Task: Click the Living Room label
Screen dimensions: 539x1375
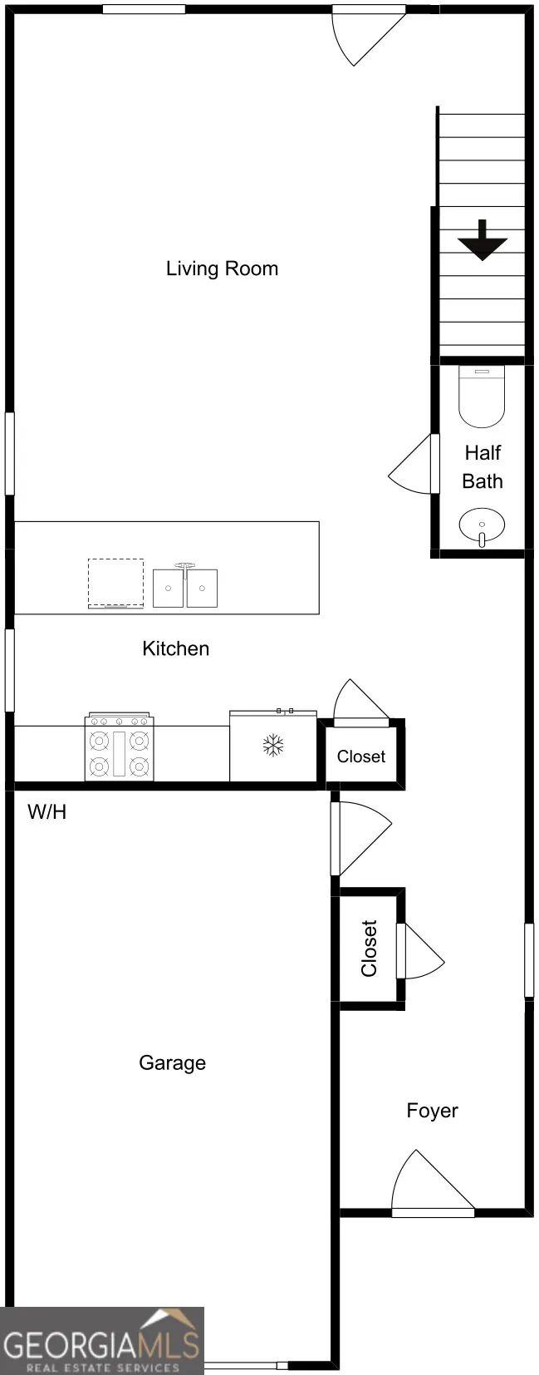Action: point(222,269)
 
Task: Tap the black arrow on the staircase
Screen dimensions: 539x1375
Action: point(483,240)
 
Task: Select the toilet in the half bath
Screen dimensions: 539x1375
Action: point(482,397)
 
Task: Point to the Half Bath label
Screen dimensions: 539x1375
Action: point(483,467)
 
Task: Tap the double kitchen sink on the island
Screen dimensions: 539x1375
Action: point(184,585)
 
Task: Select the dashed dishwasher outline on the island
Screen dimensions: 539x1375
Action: point(116,583)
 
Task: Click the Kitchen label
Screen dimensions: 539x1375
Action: point(176,648)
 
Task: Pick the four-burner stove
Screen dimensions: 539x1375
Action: point(120,747)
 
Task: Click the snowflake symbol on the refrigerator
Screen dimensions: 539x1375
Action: point(273,746)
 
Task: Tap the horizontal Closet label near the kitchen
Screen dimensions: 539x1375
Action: point(361,756)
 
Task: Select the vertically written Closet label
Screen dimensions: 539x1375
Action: point(369,948)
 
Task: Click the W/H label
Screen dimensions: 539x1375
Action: point(47,812)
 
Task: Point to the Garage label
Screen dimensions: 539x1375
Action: point(172,1063)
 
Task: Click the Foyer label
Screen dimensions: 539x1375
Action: point(433,1111)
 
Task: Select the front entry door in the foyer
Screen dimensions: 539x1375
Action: point(433,1184)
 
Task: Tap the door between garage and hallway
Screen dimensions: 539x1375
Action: point(360,839)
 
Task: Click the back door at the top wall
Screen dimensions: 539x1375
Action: point(369,36)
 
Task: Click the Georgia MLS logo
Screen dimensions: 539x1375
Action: point(102,1341)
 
